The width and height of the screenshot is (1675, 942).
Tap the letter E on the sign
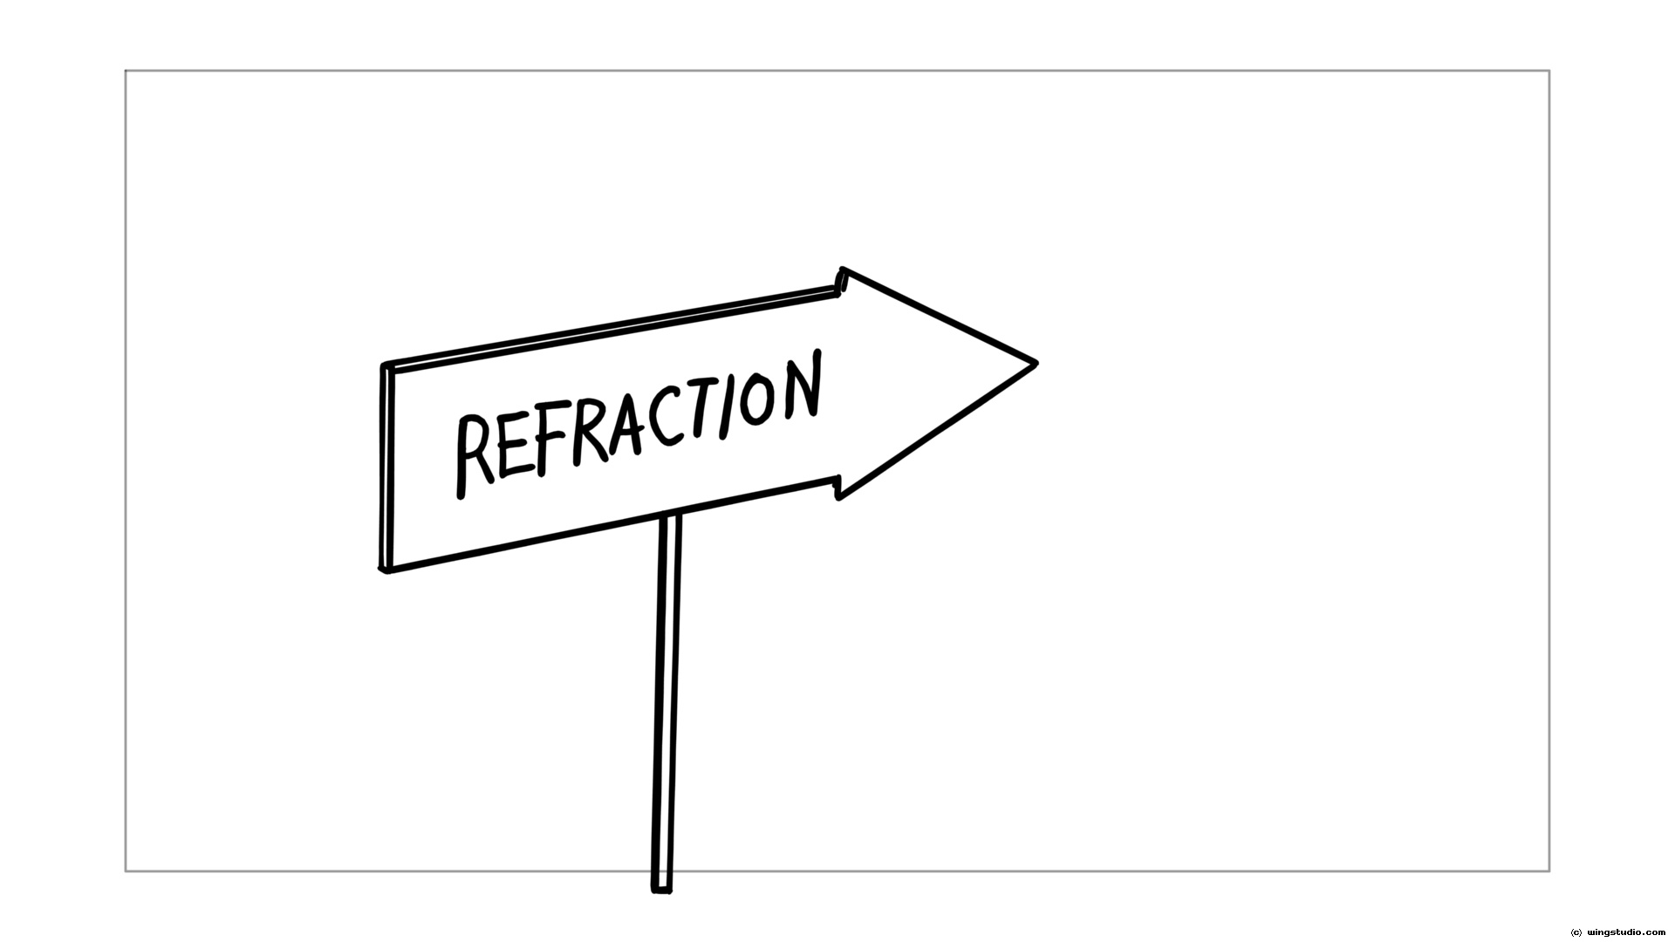514,444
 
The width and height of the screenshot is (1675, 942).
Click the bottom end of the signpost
661,890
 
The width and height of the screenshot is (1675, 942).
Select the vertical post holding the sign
665,703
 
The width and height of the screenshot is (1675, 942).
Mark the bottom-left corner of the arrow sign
384,570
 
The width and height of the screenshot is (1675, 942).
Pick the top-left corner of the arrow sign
385,365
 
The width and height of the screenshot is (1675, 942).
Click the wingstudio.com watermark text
1618,932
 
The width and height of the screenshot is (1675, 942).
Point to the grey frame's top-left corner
126,71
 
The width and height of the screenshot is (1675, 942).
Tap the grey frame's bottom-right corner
1549,870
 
